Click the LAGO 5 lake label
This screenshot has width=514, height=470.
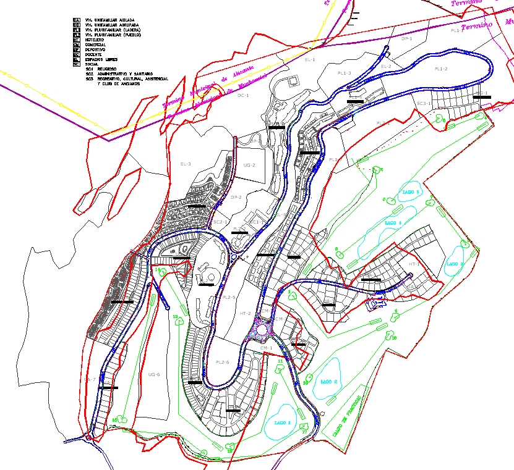[x=411, y=193]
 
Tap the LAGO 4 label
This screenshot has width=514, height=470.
[x=393, y=222]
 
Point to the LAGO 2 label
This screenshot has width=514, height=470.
[x=328, y=382]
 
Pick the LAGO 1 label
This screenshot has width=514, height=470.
[x=281, y=423]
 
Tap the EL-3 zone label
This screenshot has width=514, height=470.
[x=186, y=164]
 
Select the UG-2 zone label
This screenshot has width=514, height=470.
[x=249, y=166]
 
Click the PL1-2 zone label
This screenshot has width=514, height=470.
[x=440, y=69]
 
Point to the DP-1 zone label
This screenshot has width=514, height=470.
[x=406, y=39]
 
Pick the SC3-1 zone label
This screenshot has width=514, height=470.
[x=423, y=103]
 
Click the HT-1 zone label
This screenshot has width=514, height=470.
[x=414, y=264]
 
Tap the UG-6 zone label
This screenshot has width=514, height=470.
[x=154, y=375]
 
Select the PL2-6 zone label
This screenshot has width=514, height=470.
[x=223, y=362]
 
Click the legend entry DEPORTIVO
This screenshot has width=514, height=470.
[x=96, y=49]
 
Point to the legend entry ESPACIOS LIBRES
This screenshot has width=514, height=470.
[x=99, y=59]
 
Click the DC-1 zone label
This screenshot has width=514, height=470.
[x=243, y=96]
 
